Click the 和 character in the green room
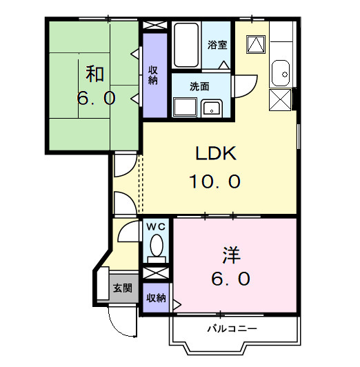[95, 72]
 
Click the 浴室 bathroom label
[217, 46]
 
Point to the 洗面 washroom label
[200, 87]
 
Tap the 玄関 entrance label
[123, 288]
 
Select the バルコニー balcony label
[234, 328]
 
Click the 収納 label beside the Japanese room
[154, 74]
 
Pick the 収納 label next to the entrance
[156, 298]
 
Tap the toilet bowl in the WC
[157, 247]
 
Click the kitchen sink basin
[281, 71]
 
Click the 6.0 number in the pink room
[230, 279]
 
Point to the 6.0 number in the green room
[95, 98]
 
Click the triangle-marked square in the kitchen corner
[255, 45]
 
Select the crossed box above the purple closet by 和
[155, 26]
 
